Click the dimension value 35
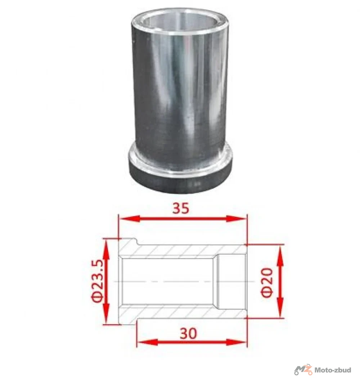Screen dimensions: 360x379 click(x=181, y=208)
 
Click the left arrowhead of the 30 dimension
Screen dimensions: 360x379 click(x=147, y=342)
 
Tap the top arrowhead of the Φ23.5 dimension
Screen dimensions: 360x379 click(x=106, y=249)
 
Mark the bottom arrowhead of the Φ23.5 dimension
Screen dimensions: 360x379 click(x=106, y=313)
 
